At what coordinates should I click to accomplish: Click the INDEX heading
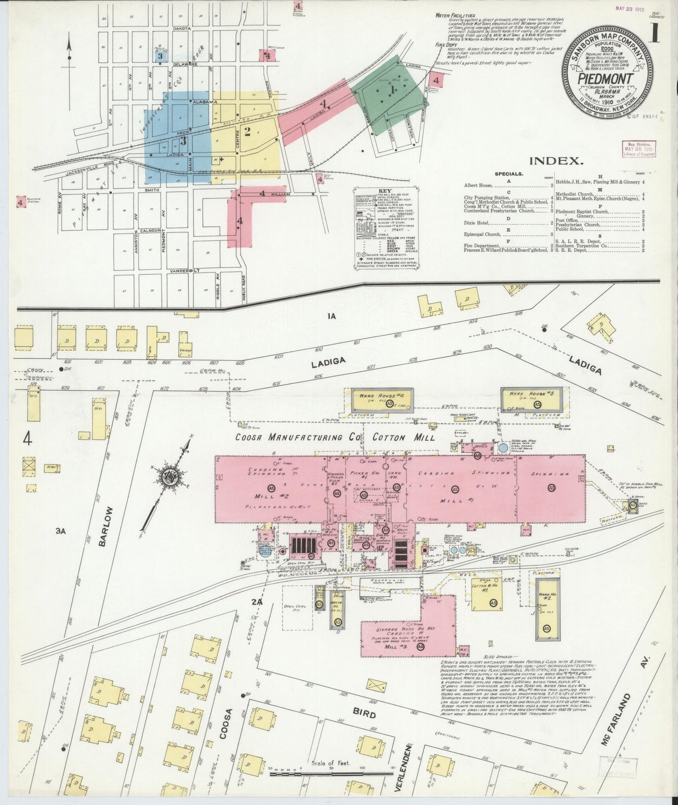tap(556, 161)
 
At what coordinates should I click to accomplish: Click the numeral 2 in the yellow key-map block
tap(248, 131)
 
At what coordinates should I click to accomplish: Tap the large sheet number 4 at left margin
tap(28, 439)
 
